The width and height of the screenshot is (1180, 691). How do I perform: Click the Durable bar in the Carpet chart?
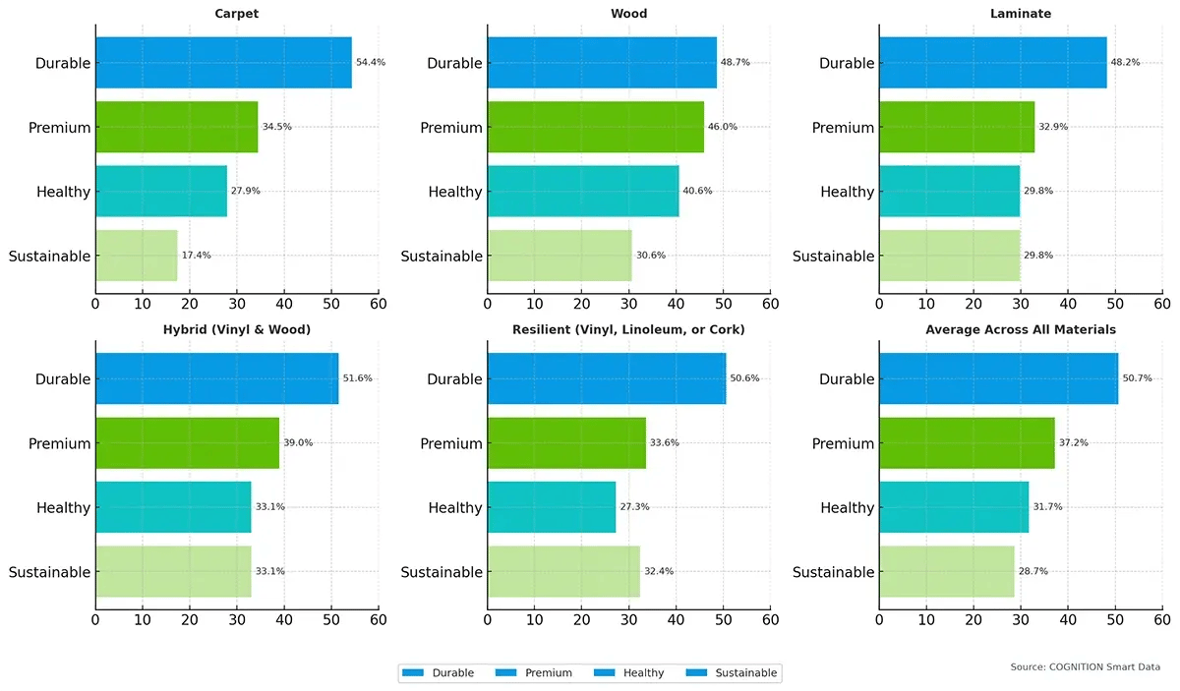point(223,63)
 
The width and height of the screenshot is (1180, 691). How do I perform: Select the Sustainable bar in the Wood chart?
point(560,256)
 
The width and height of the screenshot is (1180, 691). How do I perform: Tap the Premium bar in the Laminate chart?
point(957,127)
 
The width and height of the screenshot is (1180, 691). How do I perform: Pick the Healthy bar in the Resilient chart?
point(552,507)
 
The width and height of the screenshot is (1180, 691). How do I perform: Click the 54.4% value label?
point(371,62)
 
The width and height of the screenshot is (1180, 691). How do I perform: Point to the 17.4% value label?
point(196,256)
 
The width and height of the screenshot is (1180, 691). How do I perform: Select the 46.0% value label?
point(723,127)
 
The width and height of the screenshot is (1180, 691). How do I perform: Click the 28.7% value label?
point(1033,571)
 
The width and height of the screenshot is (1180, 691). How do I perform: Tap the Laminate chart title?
point(1021,14)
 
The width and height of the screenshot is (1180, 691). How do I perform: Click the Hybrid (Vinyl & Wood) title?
point(237,329)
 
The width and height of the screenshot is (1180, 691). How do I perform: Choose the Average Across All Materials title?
point(1021,329)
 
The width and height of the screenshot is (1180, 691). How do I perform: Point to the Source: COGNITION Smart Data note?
point(1085,667)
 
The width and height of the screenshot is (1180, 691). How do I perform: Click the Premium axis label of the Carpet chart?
point(60,128)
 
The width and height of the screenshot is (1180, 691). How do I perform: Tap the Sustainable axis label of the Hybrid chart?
point(49,572)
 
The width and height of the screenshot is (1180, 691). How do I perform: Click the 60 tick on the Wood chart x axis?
point(771,305)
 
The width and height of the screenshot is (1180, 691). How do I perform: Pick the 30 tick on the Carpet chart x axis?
point(237,305)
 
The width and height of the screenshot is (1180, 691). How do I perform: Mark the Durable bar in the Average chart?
point(998,378)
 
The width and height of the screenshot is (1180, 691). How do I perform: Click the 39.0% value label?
point(298,443)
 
